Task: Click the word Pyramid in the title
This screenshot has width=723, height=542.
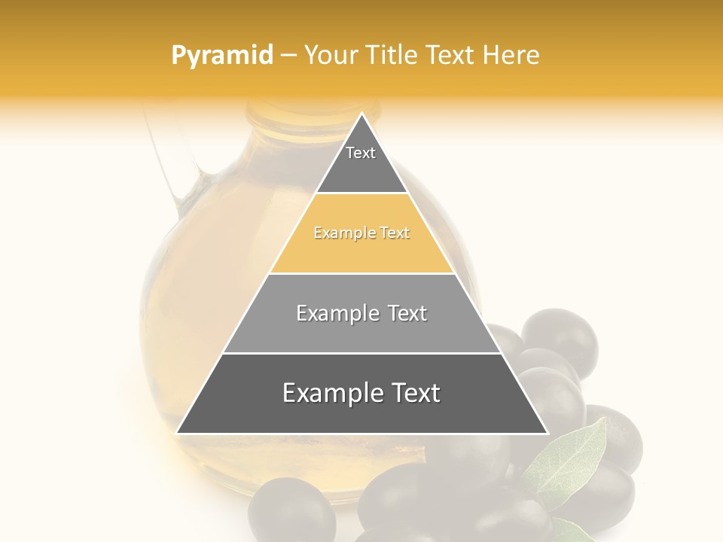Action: coord(221,56)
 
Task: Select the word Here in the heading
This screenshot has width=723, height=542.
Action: coord(511,55)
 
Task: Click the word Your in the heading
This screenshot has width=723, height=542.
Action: coord(331,55)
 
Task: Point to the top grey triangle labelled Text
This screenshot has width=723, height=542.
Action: coord(361,162)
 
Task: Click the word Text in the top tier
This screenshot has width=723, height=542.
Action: coord(361,153)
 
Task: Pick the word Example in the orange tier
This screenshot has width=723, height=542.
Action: coord(337,233)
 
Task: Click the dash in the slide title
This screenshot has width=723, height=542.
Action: coord(288,56)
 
